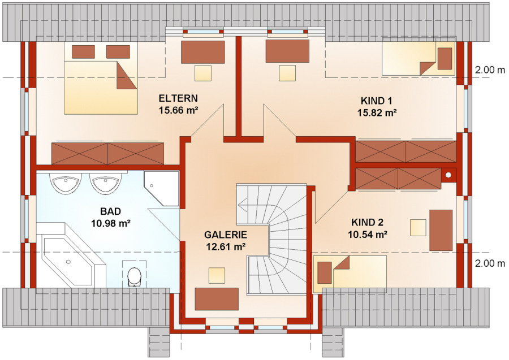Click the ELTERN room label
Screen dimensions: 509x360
tap(178, 98)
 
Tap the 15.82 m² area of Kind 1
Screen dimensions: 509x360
tap(377, 113)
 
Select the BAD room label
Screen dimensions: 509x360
tap(110, 211)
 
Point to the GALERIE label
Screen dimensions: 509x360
tap(225, 235)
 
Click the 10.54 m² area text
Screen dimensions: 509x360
tap(367, 234)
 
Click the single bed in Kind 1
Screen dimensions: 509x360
tap(419, 57)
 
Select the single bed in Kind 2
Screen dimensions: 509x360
tap(350, 272)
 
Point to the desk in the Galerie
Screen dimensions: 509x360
tap(217, 299)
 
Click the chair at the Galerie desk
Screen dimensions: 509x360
tap(217, 275)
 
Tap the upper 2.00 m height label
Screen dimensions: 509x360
tap(490, 70)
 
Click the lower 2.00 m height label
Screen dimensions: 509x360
tap(490, 263)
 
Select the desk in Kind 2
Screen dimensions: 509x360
tap(441, 230)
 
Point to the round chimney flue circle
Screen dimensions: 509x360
tap(448, 175)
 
